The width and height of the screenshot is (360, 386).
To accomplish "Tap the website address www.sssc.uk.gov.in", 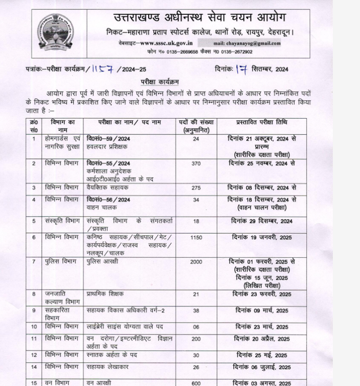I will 163,43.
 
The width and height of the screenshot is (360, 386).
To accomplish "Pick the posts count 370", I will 196,163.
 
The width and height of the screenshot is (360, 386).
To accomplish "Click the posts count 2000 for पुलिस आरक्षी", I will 196,262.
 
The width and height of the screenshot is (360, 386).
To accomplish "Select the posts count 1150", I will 196,237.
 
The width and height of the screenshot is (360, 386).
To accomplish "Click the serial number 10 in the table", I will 34,327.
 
